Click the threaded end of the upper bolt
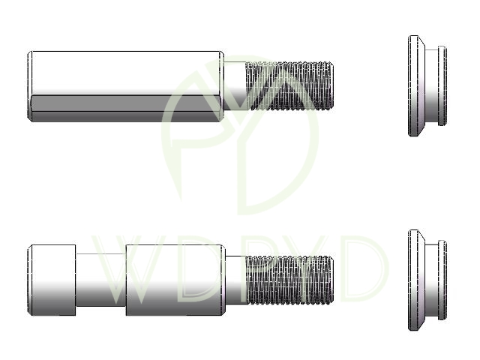click(289, 85)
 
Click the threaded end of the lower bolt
click(289, 280)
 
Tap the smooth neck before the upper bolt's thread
click(235, 85)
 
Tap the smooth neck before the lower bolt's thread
click(235, 280)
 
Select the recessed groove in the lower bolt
click(100, 280)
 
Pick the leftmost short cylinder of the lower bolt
click(52, 280)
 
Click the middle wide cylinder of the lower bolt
click(175, 280)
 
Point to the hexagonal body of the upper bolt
click(126, 86)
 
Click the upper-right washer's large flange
click(416, 85)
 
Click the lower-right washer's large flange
click(416, 280)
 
